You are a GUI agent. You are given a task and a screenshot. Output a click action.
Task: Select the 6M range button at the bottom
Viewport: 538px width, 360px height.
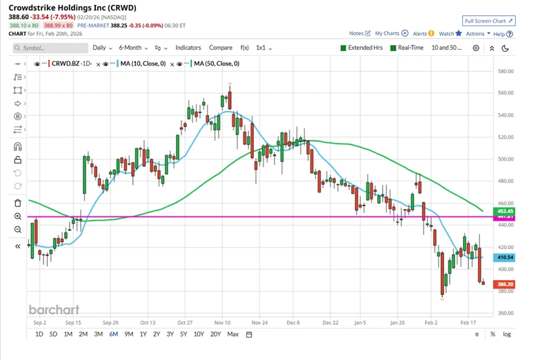point(112,334)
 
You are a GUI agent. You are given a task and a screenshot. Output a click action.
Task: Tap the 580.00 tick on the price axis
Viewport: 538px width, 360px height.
point(506,71)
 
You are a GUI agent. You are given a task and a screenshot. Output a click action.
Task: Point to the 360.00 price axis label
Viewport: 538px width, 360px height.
point(506,313)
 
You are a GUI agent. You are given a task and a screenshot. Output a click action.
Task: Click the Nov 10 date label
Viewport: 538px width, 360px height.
point(222,322)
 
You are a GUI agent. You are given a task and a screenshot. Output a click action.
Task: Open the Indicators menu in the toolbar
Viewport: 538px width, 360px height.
point(188,48)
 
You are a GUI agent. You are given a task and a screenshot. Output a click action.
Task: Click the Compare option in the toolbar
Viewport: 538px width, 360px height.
point(221,48)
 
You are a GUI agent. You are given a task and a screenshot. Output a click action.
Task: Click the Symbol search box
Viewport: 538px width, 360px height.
point(50,48)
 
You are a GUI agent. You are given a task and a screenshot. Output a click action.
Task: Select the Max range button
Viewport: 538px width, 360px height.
point(232,334)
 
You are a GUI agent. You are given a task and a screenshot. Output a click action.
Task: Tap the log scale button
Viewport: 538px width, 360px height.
point(508,334)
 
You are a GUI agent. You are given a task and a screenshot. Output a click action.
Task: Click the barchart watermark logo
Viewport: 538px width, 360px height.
point(54,309)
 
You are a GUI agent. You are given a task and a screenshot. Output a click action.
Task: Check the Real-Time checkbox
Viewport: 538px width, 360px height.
point(393,48)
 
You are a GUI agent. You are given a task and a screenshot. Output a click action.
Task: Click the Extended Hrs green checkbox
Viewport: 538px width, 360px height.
point(343,48)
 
